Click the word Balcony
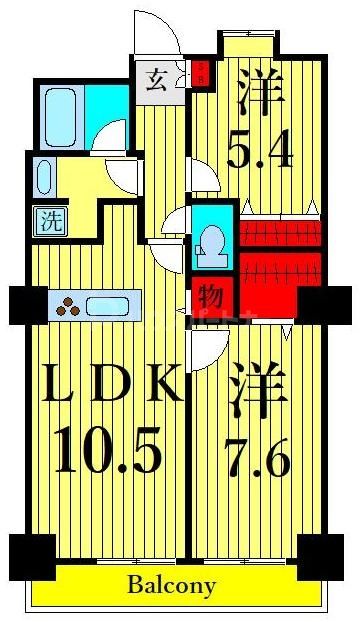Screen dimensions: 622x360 coord(171,586)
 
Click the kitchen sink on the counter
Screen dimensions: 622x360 coord(117,306)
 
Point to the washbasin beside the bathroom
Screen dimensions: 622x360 coord(43,178)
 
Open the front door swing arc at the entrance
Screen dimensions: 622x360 coord(160,30)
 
